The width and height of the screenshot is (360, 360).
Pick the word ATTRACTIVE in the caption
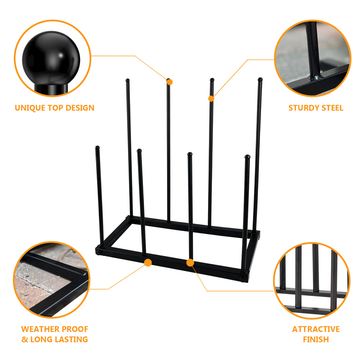pos(315,329)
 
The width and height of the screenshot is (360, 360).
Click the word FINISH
pos(315,339)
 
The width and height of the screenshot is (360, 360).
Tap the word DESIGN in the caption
pos(78,107)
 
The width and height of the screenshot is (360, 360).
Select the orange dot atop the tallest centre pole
pos(169,81)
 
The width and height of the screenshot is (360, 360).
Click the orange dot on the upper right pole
pos(211,98)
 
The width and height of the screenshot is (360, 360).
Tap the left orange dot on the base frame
pos(147,262)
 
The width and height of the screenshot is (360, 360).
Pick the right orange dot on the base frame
pos(190,262)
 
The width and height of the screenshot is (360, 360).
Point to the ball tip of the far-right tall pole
pos(260,79)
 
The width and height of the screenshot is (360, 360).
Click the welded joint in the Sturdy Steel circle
pos(316,78)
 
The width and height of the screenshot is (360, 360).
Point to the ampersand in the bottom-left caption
pos(25,339)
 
